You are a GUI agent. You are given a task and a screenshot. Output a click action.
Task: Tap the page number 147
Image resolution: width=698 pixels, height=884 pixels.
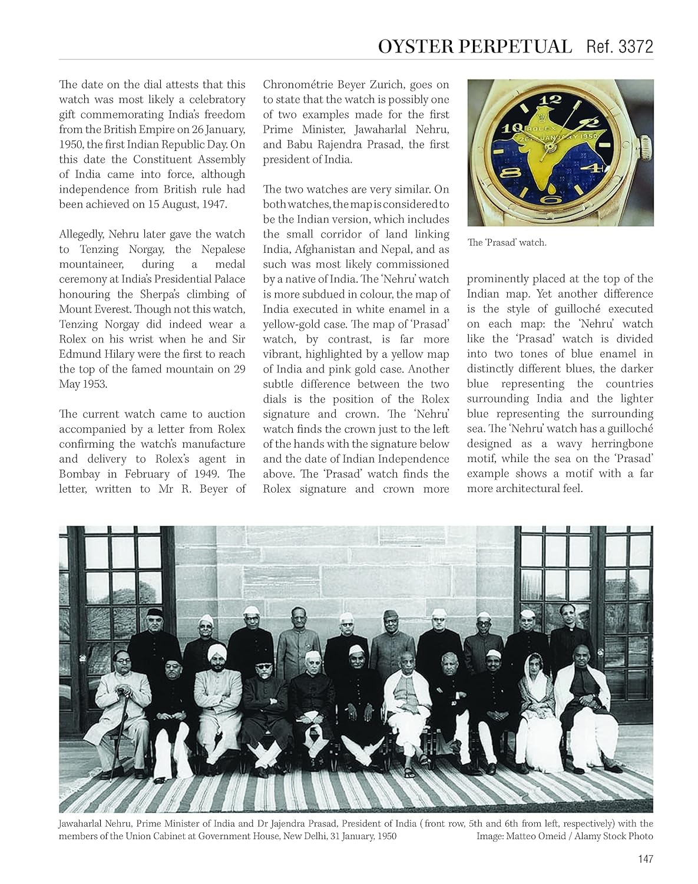click(645, 859)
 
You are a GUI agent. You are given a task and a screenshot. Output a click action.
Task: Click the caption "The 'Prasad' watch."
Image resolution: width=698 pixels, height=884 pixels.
click(507, 242)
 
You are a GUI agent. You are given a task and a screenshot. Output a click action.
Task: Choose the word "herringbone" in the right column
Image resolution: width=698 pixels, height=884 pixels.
click(613, 444)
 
